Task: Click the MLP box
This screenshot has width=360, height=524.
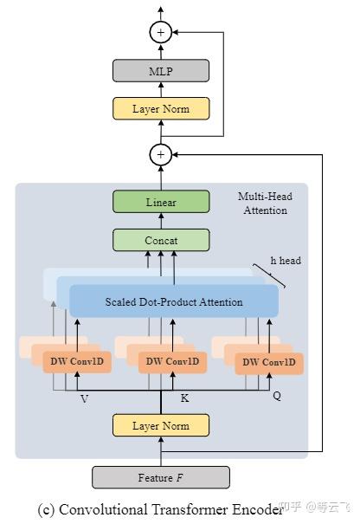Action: pos(161,71)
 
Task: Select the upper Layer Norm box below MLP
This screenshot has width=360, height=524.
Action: pos(161,109)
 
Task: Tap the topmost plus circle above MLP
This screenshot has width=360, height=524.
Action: pos(161,33)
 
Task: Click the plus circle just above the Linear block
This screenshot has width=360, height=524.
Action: pos(161,155)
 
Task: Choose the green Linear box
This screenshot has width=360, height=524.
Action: pos(161,202)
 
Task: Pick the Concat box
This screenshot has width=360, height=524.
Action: pos(161,240)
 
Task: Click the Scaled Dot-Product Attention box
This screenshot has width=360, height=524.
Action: pos(174,301)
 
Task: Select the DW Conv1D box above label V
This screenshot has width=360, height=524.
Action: pos(77,361)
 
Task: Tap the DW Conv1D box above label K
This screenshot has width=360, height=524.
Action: pos(172,361)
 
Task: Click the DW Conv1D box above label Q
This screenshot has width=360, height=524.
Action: pos(269,362)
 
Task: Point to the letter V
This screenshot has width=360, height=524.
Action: pos(84,399)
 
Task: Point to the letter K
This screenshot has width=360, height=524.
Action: pos(184,398)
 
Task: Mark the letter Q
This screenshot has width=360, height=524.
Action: pos(277,395)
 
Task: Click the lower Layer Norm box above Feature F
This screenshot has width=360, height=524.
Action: pos(161,425)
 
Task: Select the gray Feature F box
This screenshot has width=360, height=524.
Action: pos(161,477)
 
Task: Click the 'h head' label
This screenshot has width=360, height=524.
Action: pos(286,260)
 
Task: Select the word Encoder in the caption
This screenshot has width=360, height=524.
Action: pos(257,509)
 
